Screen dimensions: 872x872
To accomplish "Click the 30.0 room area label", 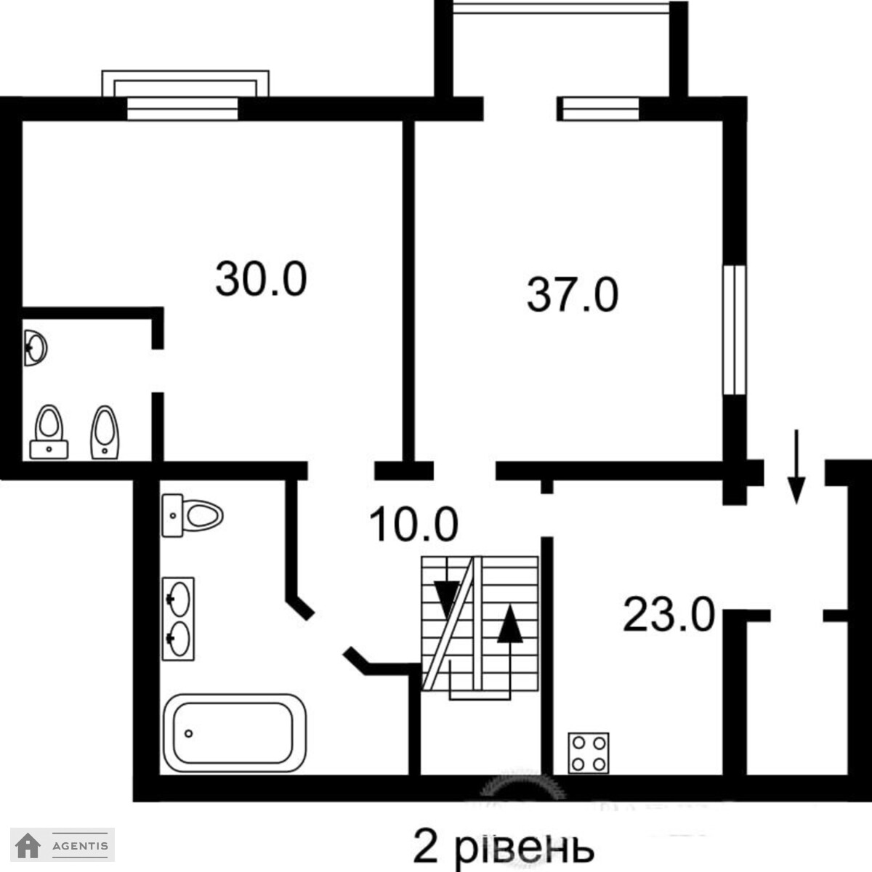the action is click(x=261, y=279).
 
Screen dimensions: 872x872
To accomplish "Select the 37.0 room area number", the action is click(x=573, y=295).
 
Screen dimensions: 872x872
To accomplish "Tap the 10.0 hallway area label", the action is click(x=413, y=524).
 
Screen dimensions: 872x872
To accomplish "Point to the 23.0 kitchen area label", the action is click(x=669, y=614).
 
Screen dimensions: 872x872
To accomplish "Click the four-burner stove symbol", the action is click(x=589, y=753).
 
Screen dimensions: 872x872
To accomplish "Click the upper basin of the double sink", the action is click(x=179, y=598).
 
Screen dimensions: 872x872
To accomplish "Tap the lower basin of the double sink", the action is click(x=179, y=639).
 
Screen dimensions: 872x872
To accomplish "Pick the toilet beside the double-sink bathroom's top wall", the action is click(x=193, y=515).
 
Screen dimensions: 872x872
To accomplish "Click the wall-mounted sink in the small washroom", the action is click(x=36, y=347).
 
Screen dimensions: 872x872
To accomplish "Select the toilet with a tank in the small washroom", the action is click(x=49, y=432).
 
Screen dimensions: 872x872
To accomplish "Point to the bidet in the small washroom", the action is click(x=105, y=432).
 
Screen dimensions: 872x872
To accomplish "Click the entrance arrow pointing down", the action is click(x=796, y=466).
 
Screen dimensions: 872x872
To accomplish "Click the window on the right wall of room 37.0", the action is click(x=733, y=330).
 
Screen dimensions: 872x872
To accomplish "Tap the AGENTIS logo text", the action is click(x=80, y=845).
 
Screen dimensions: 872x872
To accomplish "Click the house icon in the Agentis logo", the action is click(x=28, y=845).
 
